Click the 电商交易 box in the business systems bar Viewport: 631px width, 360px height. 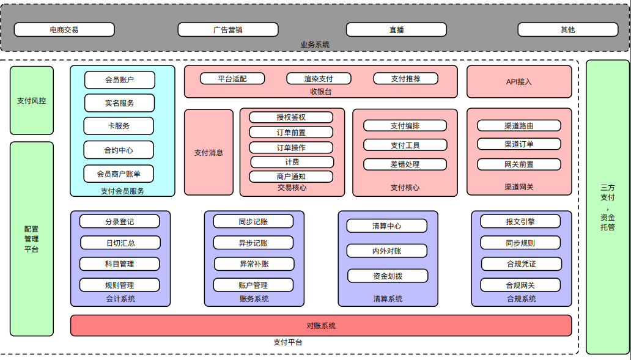[x=64, y=29]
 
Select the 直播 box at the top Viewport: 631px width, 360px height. [x=396, y=29]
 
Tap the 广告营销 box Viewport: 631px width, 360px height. [x=227, y=29]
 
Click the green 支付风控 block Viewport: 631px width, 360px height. [x=31, y=100]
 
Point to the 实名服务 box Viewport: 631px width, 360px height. [x=119, y=103]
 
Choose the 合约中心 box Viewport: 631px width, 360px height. [x=119, y=150]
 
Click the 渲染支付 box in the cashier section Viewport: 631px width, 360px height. [x=319, y=78]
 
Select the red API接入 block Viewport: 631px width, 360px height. [x=519, y=81]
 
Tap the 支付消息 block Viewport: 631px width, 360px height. [x=208, y=152]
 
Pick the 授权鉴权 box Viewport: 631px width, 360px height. [x=291, y=117]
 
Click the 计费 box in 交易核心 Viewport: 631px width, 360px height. [x=292, y=162]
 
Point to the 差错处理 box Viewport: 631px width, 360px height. [x=405, y=164]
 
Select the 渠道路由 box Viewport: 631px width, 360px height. [x=519, y=125]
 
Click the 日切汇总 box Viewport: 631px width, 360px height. [x=120, y=243]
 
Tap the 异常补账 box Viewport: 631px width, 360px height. [x=254, y=264]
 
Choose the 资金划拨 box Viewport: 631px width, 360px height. [x=388, y=276]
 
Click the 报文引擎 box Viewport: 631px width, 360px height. [x=520, y=221]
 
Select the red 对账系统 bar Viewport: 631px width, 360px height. [x=321, y=325]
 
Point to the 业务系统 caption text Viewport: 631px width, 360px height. [x=315, y=45]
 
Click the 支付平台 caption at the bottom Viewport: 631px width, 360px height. [x=287, y=342]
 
